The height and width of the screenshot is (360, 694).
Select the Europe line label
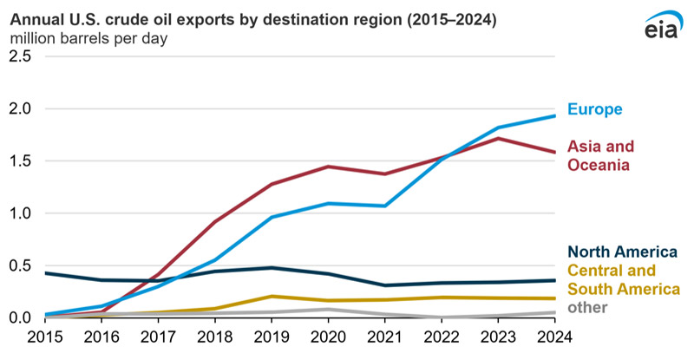click(x=595, y=109)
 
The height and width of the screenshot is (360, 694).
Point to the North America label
click(x=622, y=252)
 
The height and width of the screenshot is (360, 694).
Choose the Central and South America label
click(x=623, y=279)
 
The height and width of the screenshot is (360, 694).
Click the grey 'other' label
click(x=587, y=307)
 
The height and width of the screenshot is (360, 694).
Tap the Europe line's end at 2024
click(x=554, y=116)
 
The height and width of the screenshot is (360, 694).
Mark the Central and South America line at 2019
click(x=272, y=297)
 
